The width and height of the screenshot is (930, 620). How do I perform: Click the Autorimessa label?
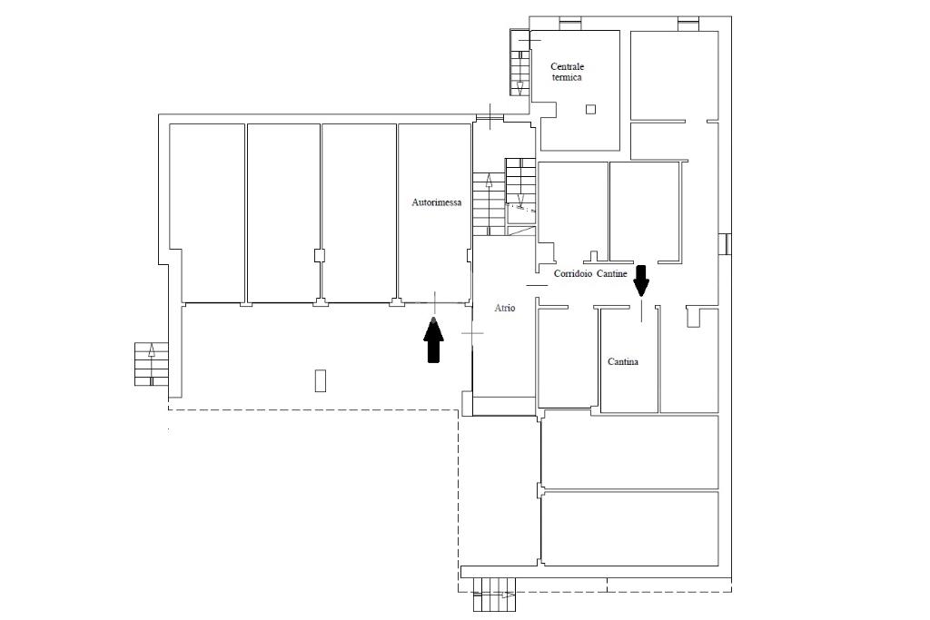pyautogui.click(x=437, y=202)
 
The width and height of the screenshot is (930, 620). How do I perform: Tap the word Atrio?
pyautogui.click(x=505, y=309)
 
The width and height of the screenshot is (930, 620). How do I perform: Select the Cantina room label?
pyautogui.click(x=623, y=361)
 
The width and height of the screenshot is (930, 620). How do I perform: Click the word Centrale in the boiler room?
pyautogui.click(x=567, y=66)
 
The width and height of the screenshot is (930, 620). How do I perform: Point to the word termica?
pyautogui.click(x=567, y=77)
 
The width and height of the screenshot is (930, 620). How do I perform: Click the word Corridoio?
pyautogui.click(x=573, y=274)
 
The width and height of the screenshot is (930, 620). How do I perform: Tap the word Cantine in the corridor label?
pyautogui.click(x=611, y=274)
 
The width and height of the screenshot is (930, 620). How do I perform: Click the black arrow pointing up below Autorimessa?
pyautogui.click(x=433, y=340)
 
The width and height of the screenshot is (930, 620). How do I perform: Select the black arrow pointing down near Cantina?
pyautogui.click(x=641, y=280)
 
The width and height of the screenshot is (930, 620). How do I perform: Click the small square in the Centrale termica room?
pyautogui.click(x=590, y=109)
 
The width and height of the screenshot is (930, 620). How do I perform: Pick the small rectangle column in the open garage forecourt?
pyautogui.click(x=321, y=380)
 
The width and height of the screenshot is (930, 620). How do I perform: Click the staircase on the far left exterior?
pyautogui.click(x=152, y=364)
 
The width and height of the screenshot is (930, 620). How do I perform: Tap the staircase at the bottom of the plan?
pyautogui.click(x=494, y=595)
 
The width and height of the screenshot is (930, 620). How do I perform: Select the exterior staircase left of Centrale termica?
pyautogui.click(x=519, y=63)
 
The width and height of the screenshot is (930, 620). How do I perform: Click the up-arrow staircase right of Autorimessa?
pyautogui.click(x=489, y=203)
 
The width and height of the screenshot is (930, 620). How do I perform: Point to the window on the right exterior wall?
pyautogui.click(x=726, y=244)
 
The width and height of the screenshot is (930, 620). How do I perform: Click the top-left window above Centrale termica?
pyautogui.click(x=570, y=24)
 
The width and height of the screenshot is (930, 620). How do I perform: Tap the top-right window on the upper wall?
pyautogui.click(x=688, y=24)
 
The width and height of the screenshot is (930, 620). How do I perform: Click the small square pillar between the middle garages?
pyautogui.click(x=320, y=255)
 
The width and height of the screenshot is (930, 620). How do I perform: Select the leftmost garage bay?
pyautogui.click(x=207, y=213)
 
